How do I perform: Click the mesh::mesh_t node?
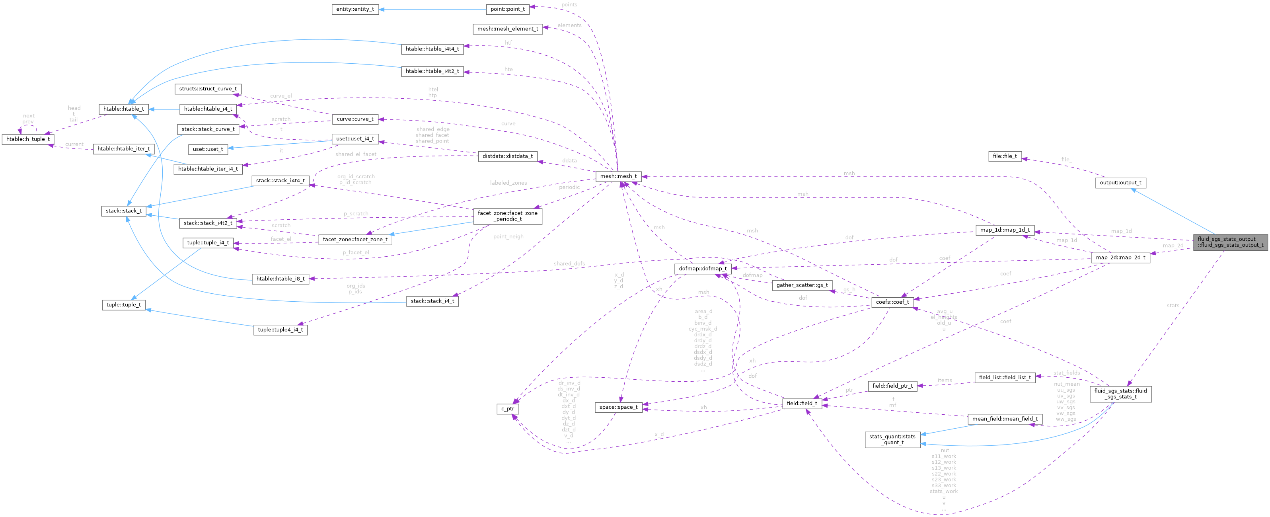click(618, 176)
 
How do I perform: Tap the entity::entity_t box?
click(355, 10)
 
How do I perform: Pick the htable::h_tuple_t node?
click(27, 139)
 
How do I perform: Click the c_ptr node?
click(507, 409)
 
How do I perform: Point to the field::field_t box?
click(802, 404)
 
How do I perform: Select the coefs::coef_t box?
click(892, 302)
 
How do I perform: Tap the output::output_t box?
click(1121, 183)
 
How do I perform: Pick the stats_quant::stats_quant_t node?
click(892, 439)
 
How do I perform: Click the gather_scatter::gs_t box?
click(802, 285)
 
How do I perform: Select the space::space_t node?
click(618, 408)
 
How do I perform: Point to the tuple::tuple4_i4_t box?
click(280, 330)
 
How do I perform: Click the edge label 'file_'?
click(1066, 159)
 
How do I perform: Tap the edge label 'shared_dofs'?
click(569, 263)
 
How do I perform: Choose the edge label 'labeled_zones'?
click(508, 183)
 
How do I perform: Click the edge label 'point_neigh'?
click(508, 237)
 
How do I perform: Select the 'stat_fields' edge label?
click(1066, 373)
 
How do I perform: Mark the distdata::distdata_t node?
click(507, 156)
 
